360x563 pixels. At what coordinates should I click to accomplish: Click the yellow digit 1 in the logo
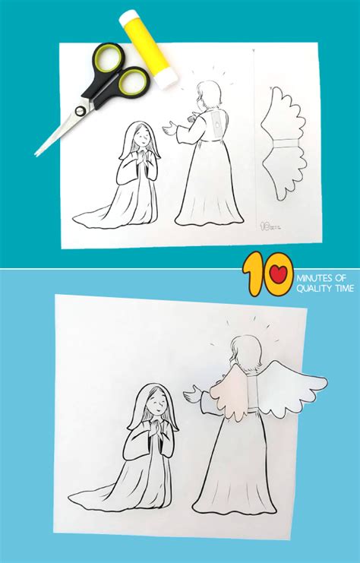[253, 275]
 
